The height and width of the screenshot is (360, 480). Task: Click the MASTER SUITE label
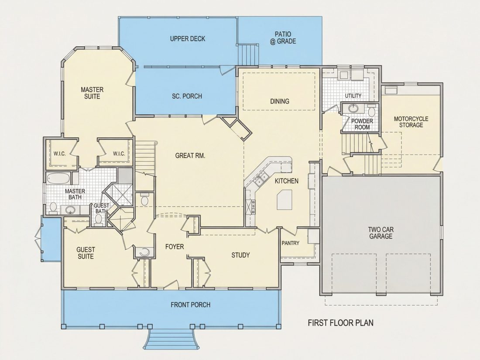pos(92,93)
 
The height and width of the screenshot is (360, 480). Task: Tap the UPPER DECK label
pos(188,39)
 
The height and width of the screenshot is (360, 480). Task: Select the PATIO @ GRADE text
pos(283,38)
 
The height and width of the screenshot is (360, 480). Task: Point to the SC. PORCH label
pos(187,96)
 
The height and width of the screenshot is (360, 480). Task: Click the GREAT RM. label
pos(190,156)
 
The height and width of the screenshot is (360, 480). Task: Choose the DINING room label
pos(279,101)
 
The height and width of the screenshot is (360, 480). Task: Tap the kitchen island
pos(285,199)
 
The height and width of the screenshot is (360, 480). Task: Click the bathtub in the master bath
pos(58,179)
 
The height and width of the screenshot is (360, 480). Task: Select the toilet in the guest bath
pos(98,220)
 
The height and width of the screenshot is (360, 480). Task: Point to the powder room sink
pos(354,108)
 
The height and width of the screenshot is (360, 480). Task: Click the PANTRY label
pos(291,243)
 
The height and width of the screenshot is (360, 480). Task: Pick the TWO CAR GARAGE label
pos(381,233)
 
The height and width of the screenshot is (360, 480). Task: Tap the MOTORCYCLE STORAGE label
pos(411,122)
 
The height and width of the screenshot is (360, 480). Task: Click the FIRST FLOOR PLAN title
pos(340,322)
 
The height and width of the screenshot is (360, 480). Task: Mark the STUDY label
pos(240,255)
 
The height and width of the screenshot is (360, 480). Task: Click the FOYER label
pos(175,247)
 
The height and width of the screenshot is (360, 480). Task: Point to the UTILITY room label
pos(353,96)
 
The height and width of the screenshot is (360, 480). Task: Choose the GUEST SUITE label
pos(86,253)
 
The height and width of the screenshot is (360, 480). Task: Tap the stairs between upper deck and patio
pos(249,55)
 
